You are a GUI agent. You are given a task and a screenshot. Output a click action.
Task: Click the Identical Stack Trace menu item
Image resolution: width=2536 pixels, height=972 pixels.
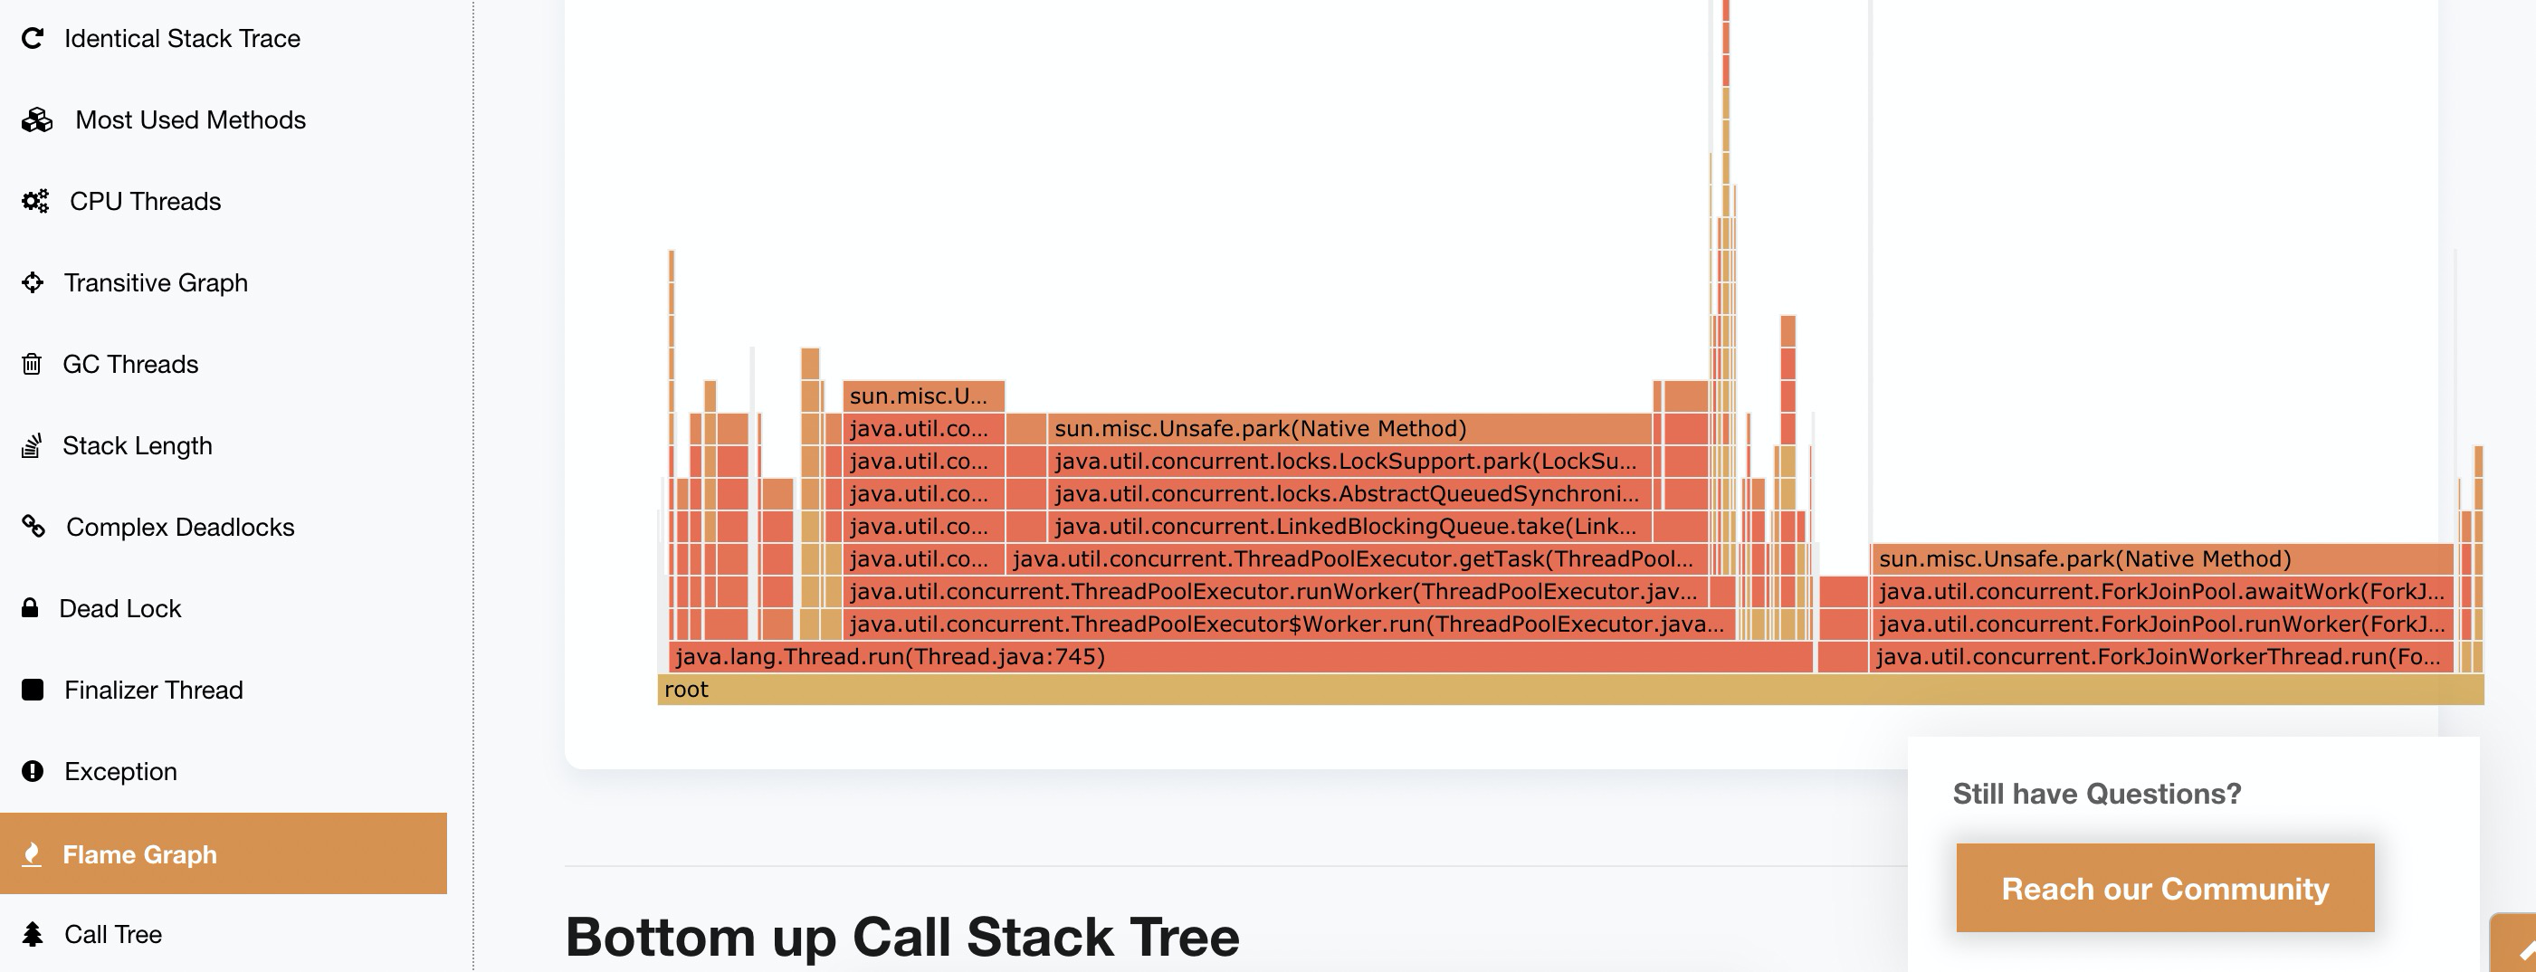tap(181, 38)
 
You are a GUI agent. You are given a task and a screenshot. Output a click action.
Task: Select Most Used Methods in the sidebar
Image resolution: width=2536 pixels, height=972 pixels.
tap(189, 120)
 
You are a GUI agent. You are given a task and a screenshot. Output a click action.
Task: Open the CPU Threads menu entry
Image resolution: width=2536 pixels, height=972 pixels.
tap(145, 202)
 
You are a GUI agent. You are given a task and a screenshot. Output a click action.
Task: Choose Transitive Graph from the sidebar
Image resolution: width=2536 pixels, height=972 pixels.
tap(155, 283)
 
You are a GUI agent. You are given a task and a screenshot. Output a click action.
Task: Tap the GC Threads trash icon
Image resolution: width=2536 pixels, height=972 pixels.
tap(32, 365)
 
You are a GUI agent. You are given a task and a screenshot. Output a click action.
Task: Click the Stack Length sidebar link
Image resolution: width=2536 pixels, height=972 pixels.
tap(137, 446)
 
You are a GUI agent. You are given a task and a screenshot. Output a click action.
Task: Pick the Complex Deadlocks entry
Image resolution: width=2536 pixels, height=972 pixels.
tap(179, 528)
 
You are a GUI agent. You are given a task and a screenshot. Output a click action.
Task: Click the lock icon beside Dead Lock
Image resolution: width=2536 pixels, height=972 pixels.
tap(31, 607)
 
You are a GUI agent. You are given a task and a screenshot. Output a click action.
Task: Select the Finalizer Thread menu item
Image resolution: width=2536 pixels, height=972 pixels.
tap(153, 691)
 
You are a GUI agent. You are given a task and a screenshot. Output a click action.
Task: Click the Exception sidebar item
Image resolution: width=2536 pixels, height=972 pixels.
tap(120, 772)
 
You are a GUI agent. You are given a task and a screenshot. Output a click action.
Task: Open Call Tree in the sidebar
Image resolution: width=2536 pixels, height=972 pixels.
tap(112, 935)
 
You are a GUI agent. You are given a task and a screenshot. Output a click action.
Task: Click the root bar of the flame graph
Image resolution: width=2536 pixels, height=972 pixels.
tap(1569, 690)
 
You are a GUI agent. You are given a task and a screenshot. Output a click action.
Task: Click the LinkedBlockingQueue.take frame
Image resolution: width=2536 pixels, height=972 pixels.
tap(1346, 527)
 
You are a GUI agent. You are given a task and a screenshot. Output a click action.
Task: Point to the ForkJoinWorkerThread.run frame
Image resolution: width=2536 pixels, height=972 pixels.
tap(2158, 657)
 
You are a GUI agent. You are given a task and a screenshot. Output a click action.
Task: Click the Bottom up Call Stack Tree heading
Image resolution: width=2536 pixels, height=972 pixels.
tap(901, 937)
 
